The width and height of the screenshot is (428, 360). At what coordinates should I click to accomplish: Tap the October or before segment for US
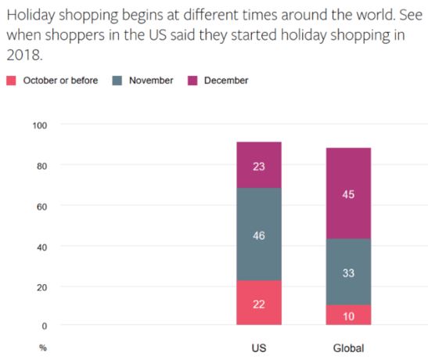click(x=259, y=302)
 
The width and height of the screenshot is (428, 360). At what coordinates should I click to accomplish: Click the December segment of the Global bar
click(x=348, y=193)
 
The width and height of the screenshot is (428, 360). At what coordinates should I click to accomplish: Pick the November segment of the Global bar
click(x=348, y=272)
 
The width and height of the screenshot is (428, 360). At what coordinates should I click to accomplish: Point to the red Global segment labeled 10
click(x=348, y=315)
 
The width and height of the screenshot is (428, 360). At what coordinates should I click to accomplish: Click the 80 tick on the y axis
click(x=41, y=166)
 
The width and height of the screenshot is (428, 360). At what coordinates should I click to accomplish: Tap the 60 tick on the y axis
click(x=41, y=207)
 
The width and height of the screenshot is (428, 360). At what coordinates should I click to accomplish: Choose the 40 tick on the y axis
click(x=41, y=247)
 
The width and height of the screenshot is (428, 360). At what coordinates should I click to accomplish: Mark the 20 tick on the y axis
click(x=41, y=287)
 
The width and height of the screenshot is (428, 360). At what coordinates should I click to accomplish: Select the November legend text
click(x=151, y=81)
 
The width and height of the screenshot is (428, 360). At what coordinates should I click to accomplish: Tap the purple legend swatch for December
click(x=191, y=81)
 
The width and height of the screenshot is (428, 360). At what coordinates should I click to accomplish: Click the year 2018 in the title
click(x=21, y=56)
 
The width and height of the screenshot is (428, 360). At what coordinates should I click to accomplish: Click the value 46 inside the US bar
click(x=259, y=236)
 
